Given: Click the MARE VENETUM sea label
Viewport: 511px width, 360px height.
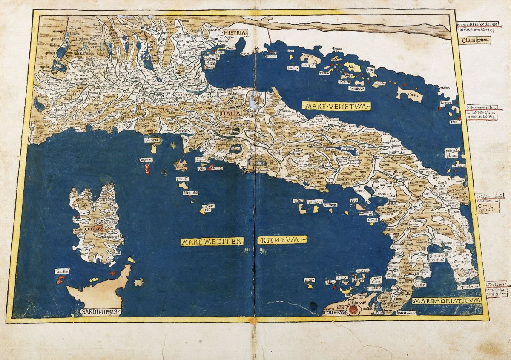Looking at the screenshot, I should (x=336, y=106).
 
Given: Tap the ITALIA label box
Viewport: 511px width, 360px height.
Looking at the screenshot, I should (x=231, y=114).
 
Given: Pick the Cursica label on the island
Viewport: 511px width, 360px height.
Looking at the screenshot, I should (x=93, y=229).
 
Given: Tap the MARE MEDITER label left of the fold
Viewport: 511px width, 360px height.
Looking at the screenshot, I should (x=212, y=241).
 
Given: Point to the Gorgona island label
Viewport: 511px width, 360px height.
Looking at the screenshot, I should (x=152, y=140).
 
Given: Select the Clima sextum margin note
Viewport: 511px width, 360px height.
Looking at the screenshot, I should (x=476, y=41).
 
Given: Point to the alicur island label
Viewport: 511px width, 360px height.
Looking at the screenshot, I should (x=310, y=280).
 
